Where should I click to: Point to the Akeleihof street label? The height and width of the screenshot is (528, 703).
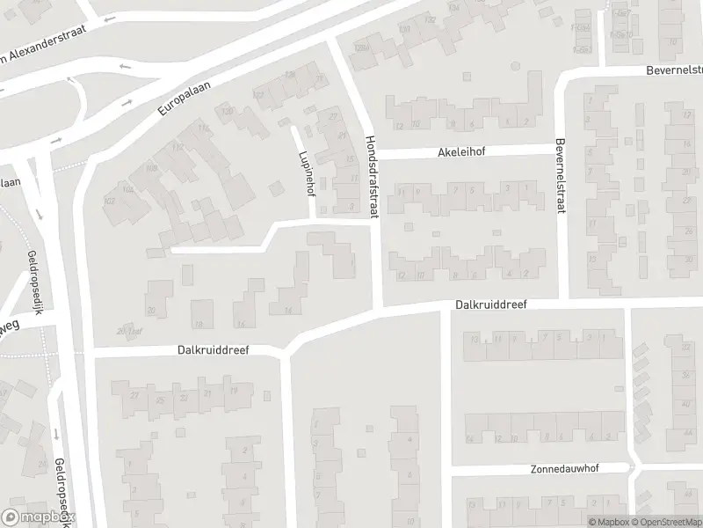[x=461, y=151]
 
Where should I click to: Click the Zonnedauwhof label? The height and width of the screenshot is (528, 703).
[x=564, y=468]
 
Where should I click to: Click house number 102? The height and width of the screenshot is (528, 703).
[x=110, y=202]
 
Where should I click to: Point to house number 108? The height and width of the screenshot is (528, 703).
[x=150, y=167]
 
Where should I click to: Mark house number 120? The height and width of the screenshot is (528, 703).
[x=228, y=111]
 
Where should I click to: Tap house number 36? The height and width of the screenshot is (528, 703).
[x=685, y=375]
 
